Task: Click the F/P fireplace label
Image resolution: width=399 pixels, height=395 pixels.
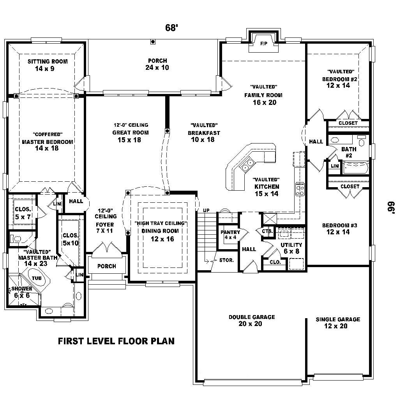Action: pos(263,43)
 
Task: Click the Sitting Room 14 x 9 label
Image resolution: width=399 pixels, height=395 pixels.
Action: pos(47,65)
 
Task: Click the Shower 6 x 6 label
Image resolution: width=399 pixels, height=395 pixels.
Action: pos(21,292)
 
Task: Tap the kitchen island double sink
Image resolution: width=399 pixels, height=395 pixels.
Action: pos(247,165)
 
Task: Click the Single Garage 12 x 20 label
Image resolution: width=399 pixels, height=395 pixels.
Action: pos(337,322)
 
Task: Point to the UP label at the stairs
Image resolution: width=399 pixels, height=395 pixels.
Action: pos(207,211)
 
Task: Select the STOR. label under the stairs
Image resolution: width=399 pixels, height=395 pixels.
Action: pos(226,260)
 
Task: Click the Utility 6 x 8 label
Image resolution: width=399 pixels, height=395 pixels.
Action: pos(291,248)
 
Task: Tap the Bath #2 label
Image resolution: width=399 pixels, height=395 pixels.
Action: pos(349,152)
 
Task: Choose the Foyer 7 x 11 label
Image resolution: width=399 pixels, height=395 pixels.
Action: pos(105,228)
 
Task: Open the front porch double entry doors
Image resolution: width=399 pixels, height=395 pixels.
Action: pos(106,248)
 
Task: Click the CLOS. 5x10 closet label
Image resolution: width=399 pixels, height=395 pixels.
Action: pos(71,239)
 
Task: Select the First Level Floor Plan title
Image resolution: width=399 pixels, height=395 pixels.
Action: pos(116,341)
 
